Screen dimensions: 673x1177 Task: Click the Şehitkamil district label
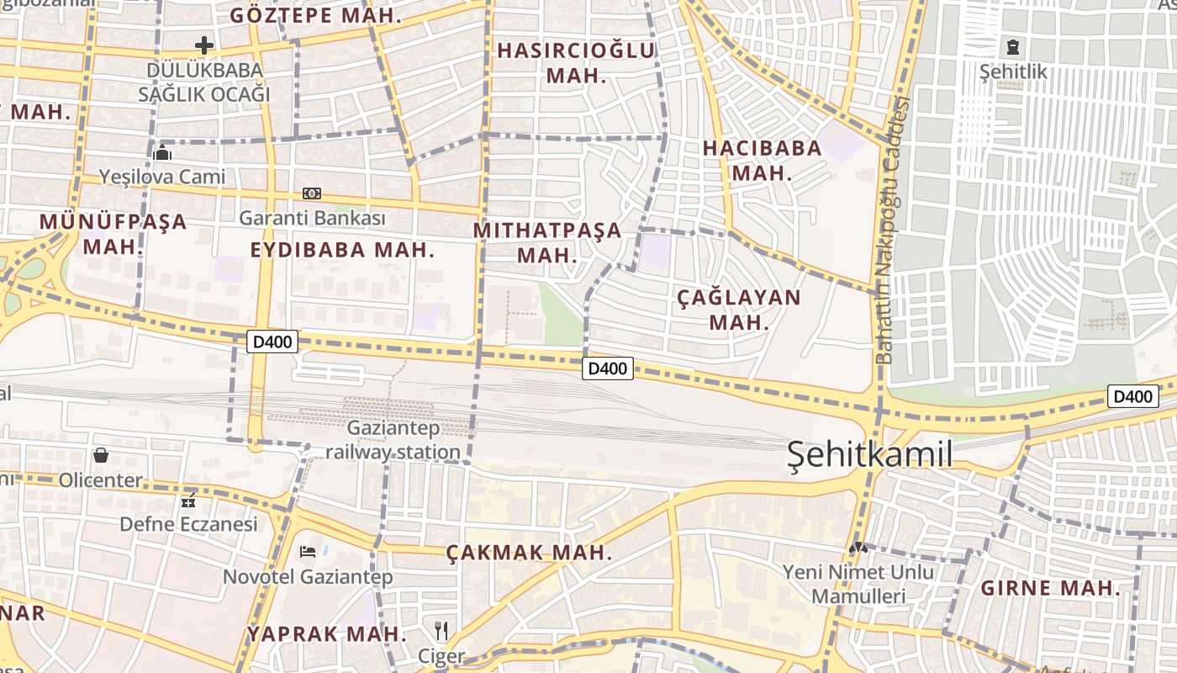tap(870, 455)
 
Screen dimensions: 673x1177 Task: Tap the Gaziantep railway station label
tap(393, 440)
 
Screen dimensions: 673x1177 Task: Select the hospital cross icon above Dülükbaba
tap(204, 45)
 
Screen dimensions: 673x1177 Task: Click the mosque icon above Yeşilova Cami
tap(162, 153)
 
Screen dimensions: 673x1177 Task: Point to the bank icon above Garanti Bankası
tap(312, 193)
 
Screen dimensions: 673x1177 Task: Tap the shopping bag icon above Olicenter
tap(101, 456)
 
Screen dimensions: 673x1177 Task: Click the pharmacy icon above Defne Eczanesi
tap(188, 501)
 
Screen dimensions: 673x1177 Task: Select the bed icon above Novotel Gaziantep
tap(308, 552)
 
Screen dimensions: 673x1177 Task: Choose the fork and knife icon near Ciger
tap(441, 631)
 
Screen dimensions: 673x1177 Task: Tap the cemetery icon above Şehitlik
tap(1013, 47)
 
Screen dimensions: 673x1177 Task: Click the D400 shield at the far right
tap(1132, 396)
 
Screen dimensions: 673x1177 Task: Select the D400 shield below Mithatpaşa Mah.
tap(608, 368)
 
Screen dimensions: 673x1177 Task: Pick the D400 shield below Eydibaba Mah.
tap(272, 342)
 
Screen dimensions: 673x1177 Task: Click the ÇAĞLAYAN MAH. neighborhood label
tap(739, 310)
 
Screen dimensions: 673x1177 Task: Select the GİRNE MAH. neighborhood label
tap(1050, 588)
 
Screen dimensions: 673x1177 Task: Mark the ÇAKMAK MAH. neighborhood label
tap(528, 553)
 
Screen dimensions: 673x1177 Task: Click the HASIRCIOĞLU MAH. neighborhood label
tap(576, 62)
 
